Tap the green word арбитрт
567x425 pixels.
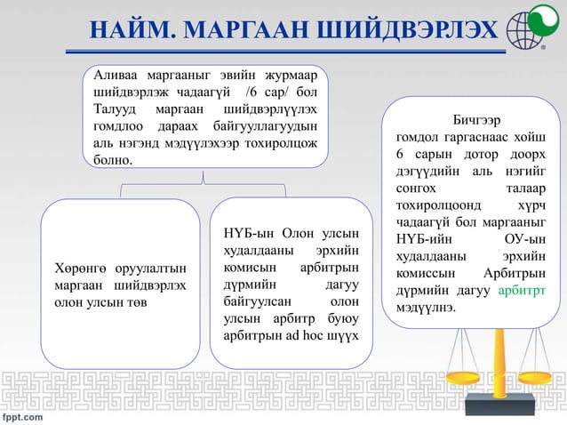(x=521, y=291)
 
